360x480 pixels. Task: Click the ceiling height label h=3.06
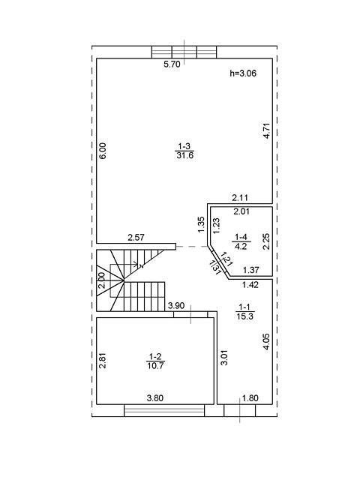coord(243,73)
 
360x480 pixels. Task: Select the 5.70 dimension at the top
coord(172,64)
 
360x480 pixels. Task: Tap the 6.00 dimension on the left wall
coord(103,151)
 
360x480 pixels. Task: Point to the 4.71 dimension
coord(267,130)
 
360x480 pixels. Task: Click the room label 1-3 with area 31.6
coord(185,151)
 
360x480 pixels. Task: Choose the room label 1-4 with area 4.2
coord(241,241)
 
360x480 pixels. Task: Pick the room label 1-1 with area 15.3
coord(245,312)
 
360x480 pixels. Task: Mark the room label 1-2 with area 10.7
coord(155,361)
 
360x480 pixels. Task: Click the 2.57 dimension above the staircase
coord(136,238)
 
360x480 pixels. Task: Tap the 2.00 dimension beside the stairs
coord(103,280)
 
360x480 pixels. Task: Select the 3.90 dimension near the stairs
coord(176,305)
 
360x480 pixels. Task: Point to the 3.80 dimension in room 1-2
coord(155,398)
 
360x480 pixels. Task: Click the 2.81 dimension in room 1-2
coord(103,361)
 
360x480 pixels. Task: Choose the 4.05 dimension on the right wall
coord(266,342)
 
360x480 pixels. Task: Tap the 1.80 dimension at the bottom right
coord(250,398)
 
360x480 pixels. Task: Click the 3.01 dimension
coord(224,358)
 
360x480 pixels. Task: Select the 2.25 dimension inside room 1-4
coord(267,241)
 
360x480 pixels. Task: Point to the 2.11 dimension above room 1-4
coord(240,198)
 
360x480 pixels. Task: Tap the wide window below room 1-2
coord(164,410)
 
